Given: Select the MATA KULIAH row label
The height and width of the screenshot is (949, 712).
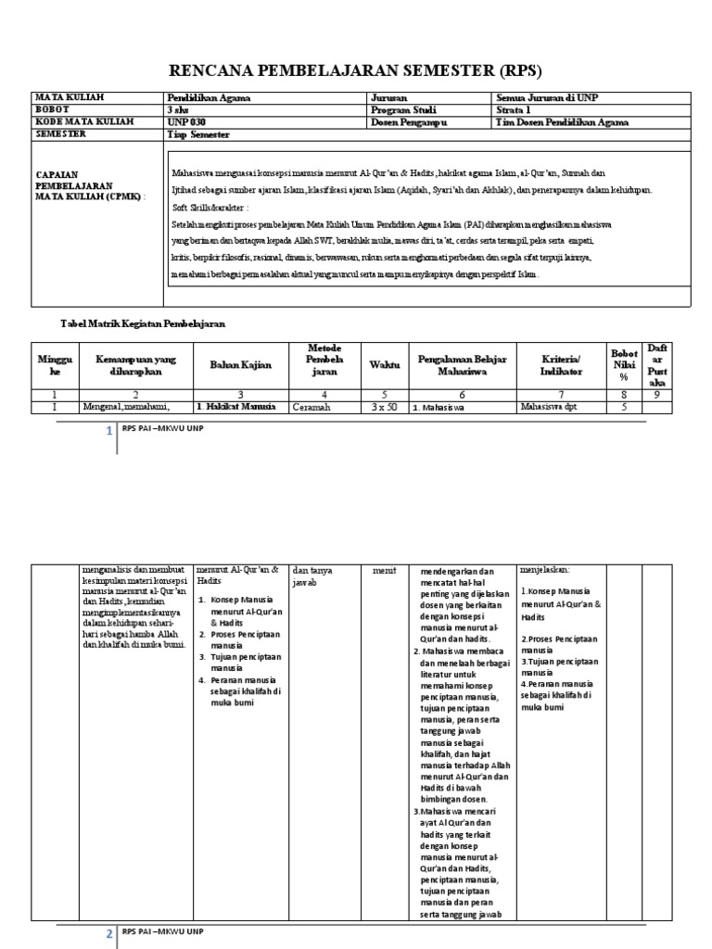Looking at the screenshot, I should (70, 96).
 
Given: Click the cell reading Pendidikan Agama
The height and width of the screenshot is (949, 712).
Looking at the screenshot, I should (208, 96).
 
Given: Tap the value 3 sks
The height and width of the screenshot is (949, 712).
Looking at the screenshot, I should (178, 108).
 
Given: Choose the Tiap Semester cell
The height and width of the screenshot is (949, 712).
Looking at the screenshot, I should (197, 134).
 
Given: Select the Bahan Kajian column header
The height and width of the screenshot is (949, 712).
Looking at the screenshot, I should (239, 365).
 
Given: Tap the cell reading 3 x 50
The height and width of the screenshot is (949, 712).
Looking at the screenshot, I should (378, 407).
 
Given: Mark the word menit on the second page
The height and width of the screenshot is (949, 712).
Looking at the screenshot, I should (385, 571).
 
